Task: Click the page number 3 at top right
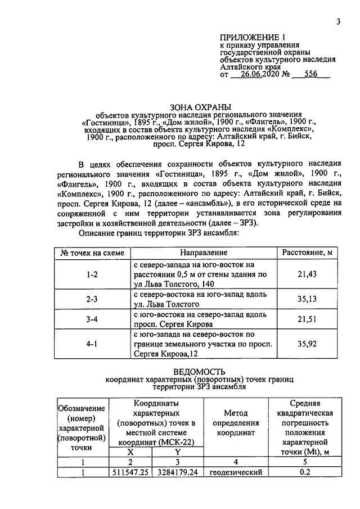click(338, 22)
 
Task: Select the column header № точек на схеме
click(92, 253)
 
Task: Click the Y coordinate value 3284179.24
click(177, 473)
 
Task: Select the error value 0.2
click(305, 473)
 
